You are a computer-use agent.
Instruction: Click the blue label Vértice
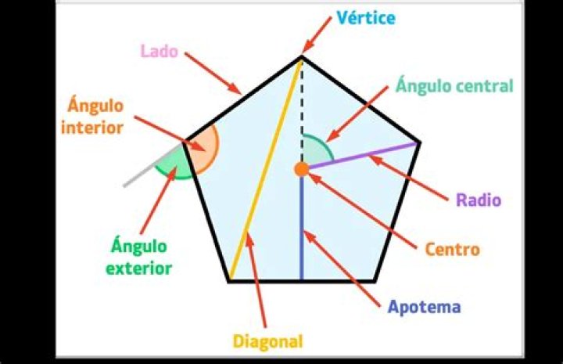(366, 17)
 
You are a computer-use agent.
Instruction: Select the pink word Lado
(159, 51)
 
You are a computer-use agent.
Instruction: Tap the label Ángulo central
(454, 85)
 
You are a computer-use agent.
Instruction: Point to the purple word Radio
(479, 200)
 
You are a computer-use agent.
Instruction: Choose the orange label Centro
(453, 249)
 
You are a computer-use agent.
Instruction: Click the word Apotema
(425, 307)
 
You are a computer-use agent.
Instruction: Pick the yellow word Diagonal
(268, 341)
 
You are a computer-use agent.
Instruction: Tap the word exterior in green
(139, 268)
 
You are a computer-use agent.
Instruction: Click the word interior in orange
(92, 128)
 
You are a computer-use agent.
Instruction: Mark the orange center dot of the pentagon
(302, 169)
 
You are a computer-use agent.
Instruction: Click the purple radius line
(363, 156)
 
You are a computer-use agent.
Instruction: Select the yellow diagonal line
(265, 169)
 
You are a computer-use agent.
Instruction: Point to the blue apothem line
(302, 228)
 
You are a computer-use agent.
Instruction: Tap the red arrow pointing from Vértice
(317, 35)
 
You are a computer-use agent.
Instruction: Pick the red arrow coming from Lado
(213, 74)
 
